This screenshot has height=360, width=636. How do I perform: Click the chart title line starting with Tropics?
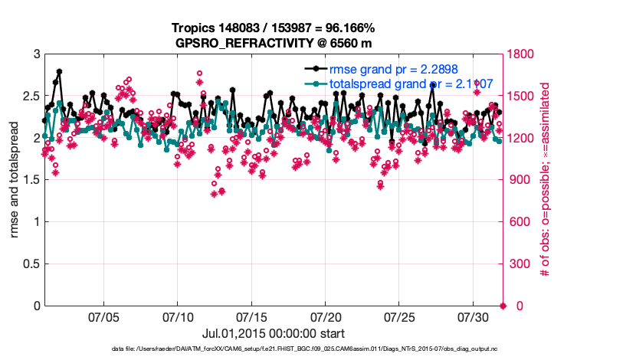[274, 28]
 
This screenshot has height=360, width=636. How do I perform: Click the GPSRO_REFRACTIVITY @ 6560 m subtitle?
[274, 42]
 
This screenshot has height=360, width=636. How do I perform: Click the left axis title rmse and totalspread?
[15, 180]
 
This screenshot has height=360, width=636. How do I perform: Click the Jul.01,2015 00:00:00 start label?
[274, 333]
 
